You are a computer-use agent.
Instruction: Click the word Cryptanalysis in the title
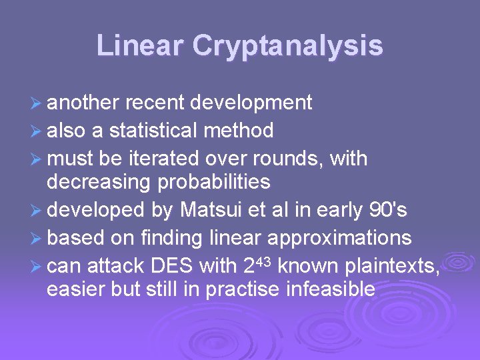click(288, 47)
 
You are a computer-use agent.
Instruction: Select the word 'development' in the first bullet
click(251, 103)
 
